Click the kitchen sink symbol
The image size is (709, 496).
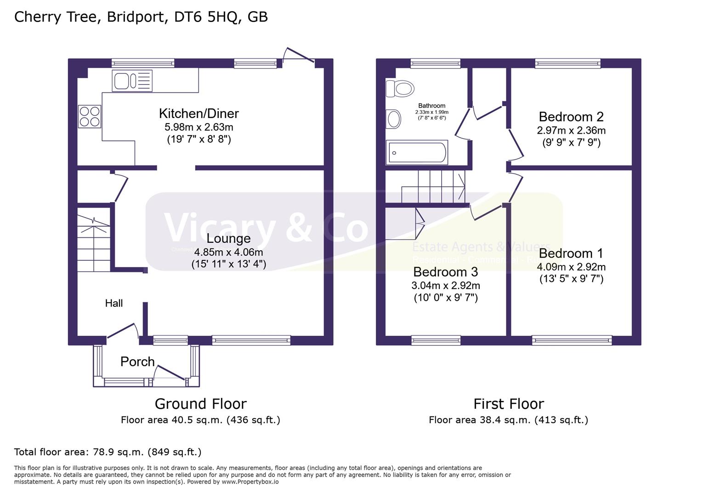131,81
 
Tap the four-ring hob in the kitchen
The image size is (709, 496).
90,116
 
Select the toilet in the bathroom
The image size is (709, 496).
400,88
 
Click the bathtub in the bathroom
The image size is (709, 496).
417,152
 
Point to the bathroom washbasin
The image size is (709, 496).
393,119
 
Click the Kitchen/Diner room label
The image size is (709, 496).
199,113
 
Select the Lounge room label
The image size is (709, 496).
228,238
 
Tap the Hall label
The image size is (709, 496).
113,303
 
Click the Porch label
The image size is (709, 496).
137,362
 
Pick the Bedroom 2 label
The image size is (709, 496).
571,117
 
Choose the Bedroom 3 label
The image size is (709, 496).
445,272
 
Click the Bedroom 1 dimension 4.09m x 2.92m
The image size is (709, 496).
571,267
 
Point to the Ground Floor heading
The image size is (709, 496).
200,404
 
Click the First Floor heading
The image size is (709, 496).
508,404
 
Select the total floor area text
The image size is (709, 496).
108,452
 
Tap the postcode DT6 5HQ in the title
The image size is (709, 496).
206,17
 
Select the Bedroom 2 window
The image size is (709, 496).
567,63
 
